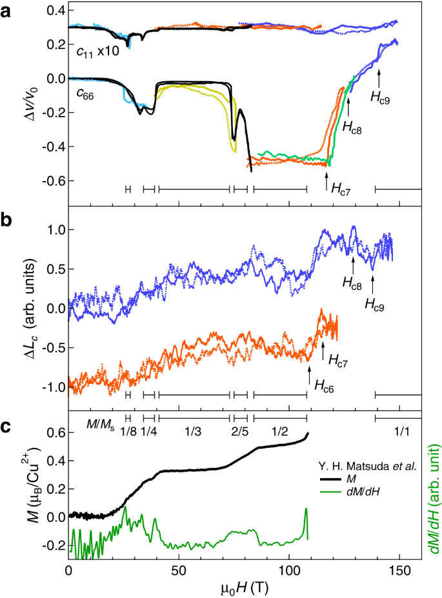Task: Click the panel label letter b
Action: [x=7, y=218]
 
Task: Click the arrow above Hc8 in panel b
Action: [x=353, y=263]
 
